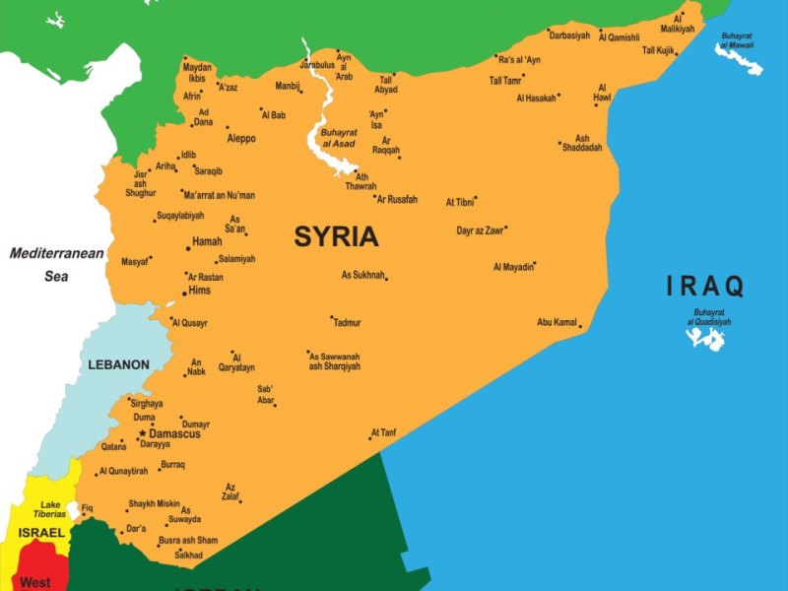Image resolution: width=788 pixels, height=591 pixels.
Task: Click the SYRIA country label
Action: (x=336, y=236)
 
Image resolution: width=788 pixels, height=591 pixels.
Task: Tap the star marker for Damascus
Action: (x=143, y=433)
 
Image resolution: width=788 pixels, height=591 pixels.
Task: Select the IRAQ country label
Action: (x=705, y=287)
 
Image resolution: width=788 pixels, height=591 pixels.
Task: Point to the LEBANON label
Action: (x=118, y=364)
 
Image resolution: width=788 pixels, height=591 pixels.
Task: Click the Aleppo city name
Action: (x=241, y=139)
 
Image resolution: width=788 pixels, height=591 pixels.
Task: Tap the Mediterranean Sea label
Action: (x=56, y=265)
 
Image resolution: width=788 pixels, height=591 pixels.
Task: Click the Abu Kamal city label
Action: (x=557, y=322)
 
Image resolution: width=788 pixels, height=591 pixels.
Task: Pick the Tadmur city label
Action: (x=347, y=323)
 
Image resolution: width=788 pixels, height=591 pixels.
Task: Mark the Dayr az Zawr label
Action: (x=480, y=230)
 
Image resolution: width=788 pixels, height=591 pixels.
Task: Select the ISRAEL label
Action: (x=41, y=533)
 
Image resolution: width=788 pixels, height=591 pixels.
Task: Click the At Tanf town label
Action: (x=383, y=432)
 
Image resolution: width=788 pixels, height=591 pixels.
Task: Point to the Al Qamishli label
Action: (x=619, y=37)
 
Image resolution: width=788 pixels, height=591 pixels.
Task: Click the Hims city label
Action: (x=200, y=291)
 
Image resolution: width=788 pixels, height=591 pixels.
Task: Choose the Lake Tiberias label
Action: (x=50, y=509)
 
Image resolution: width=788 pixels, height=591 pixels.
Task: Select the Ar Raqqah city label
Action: (x=386, y=146)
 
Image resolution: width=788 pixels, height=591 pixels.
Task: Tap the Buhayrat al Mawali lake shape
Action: (x=739, y=57)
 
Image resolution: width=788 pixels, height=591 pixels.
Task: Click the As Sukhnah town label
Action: (x=362, y=275)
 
